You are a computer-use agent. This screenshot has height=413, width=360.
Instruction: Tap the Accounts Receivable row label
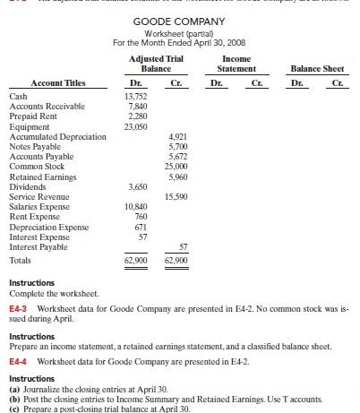click(x=43, y=104)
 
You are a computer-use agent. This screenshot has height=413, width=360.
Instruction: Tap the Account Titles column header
click(x=48, y=80)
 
